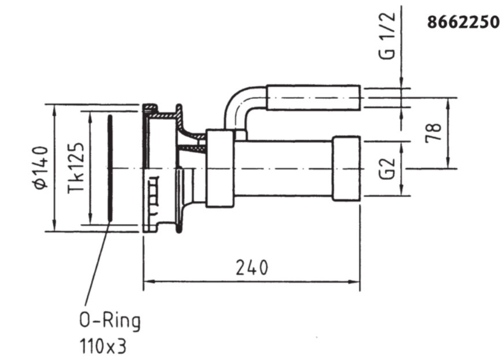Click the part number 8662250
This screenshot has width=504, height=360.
point(463,23)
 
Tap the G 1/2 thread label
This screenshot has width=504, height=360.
point(387,36)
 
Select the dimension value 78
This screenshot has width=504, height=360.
point(433,133)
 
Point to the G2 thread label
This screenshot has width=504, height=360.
point(387,169)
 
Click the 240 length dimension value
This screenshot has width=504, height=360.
point(252,268)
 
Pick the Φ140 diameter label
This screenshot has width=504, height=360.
point(42,168)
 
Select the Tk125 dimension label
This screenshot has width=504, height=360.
point(76,168)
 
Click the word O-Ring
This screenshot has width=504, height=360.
point(110,321)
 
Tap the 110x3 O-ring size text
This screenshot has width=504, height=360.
point(103,347)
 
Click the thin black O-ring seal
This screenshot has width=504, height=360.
point(110,168)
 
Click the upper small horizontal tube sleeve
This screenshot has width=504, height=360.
point(313,98)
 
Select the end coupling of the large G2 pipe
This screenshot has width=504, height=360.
point(346,169)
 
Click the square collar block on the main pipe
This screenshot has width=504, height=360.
point(220,168)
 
